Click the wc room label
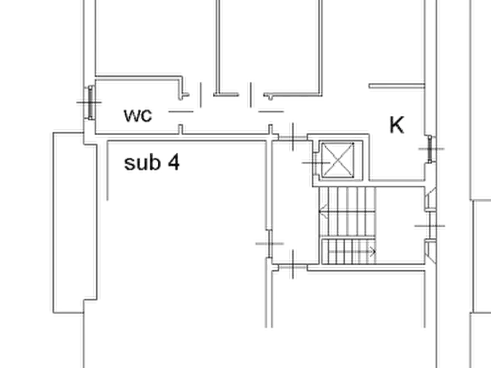point(138,115)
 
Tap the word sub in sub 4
point(142,163)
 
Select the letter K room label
point(397,125)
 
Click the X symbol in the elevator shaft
point(338,160)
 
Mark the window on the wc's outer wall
point(90,102)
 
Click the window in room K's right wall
point(431,149)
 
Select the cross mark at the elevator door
point(316,163)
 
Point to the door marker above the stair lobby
point(293,137)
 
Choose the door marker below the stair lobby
point(293,267)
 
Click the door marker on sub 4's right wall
point(269,243)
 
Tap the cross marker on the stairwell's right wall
point(430,226)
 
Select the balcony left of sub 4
point(75,222)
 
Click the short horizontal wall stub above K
point(396,86)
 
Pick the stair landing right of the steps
point(400,225)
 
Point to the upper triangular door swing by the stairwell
point(431,197)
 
